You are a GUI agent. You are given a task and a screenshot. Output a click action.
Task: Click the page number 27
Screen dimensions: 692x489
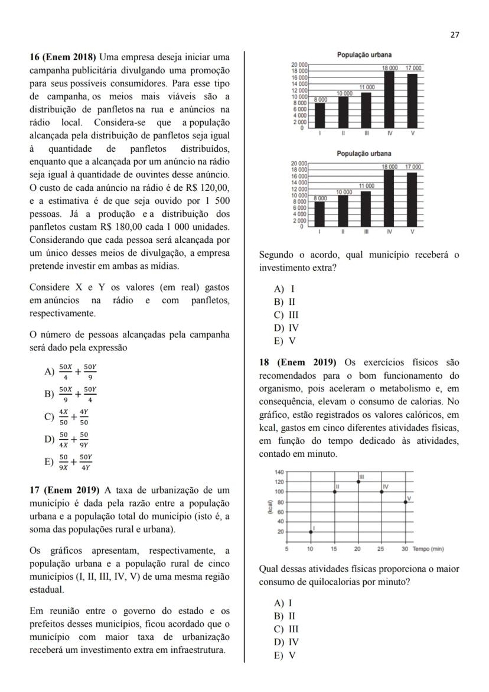point(455,34)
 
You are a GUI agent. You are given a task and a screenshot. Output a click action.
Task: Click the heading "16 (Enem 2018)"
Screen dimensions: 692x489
point(63,57)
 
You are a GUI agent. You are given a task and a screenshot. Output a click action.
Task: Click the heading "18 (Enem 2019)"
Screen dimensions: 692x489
point(297,362)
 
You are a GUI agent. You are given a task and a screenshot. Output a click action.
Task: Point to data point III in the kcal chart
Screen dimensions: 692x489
point(358,482)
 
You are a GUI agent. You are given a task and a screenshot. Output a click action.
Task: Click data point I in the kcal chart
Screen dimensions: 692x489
point(311,532)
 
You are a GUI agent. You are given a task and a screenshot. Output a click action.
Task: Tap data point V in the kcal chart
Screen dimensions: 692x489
point(405,502)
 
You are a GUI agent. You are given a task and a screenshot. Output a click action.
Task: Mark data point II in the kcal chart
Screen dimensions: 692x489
point(335,492)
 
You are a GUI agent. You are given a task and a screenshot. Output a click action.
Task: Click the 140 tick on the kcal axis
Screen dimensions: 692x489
point(279,472)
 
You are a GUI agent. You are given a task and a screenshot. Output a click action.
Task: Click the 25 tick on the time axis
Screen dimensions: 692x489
point(381,549)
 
